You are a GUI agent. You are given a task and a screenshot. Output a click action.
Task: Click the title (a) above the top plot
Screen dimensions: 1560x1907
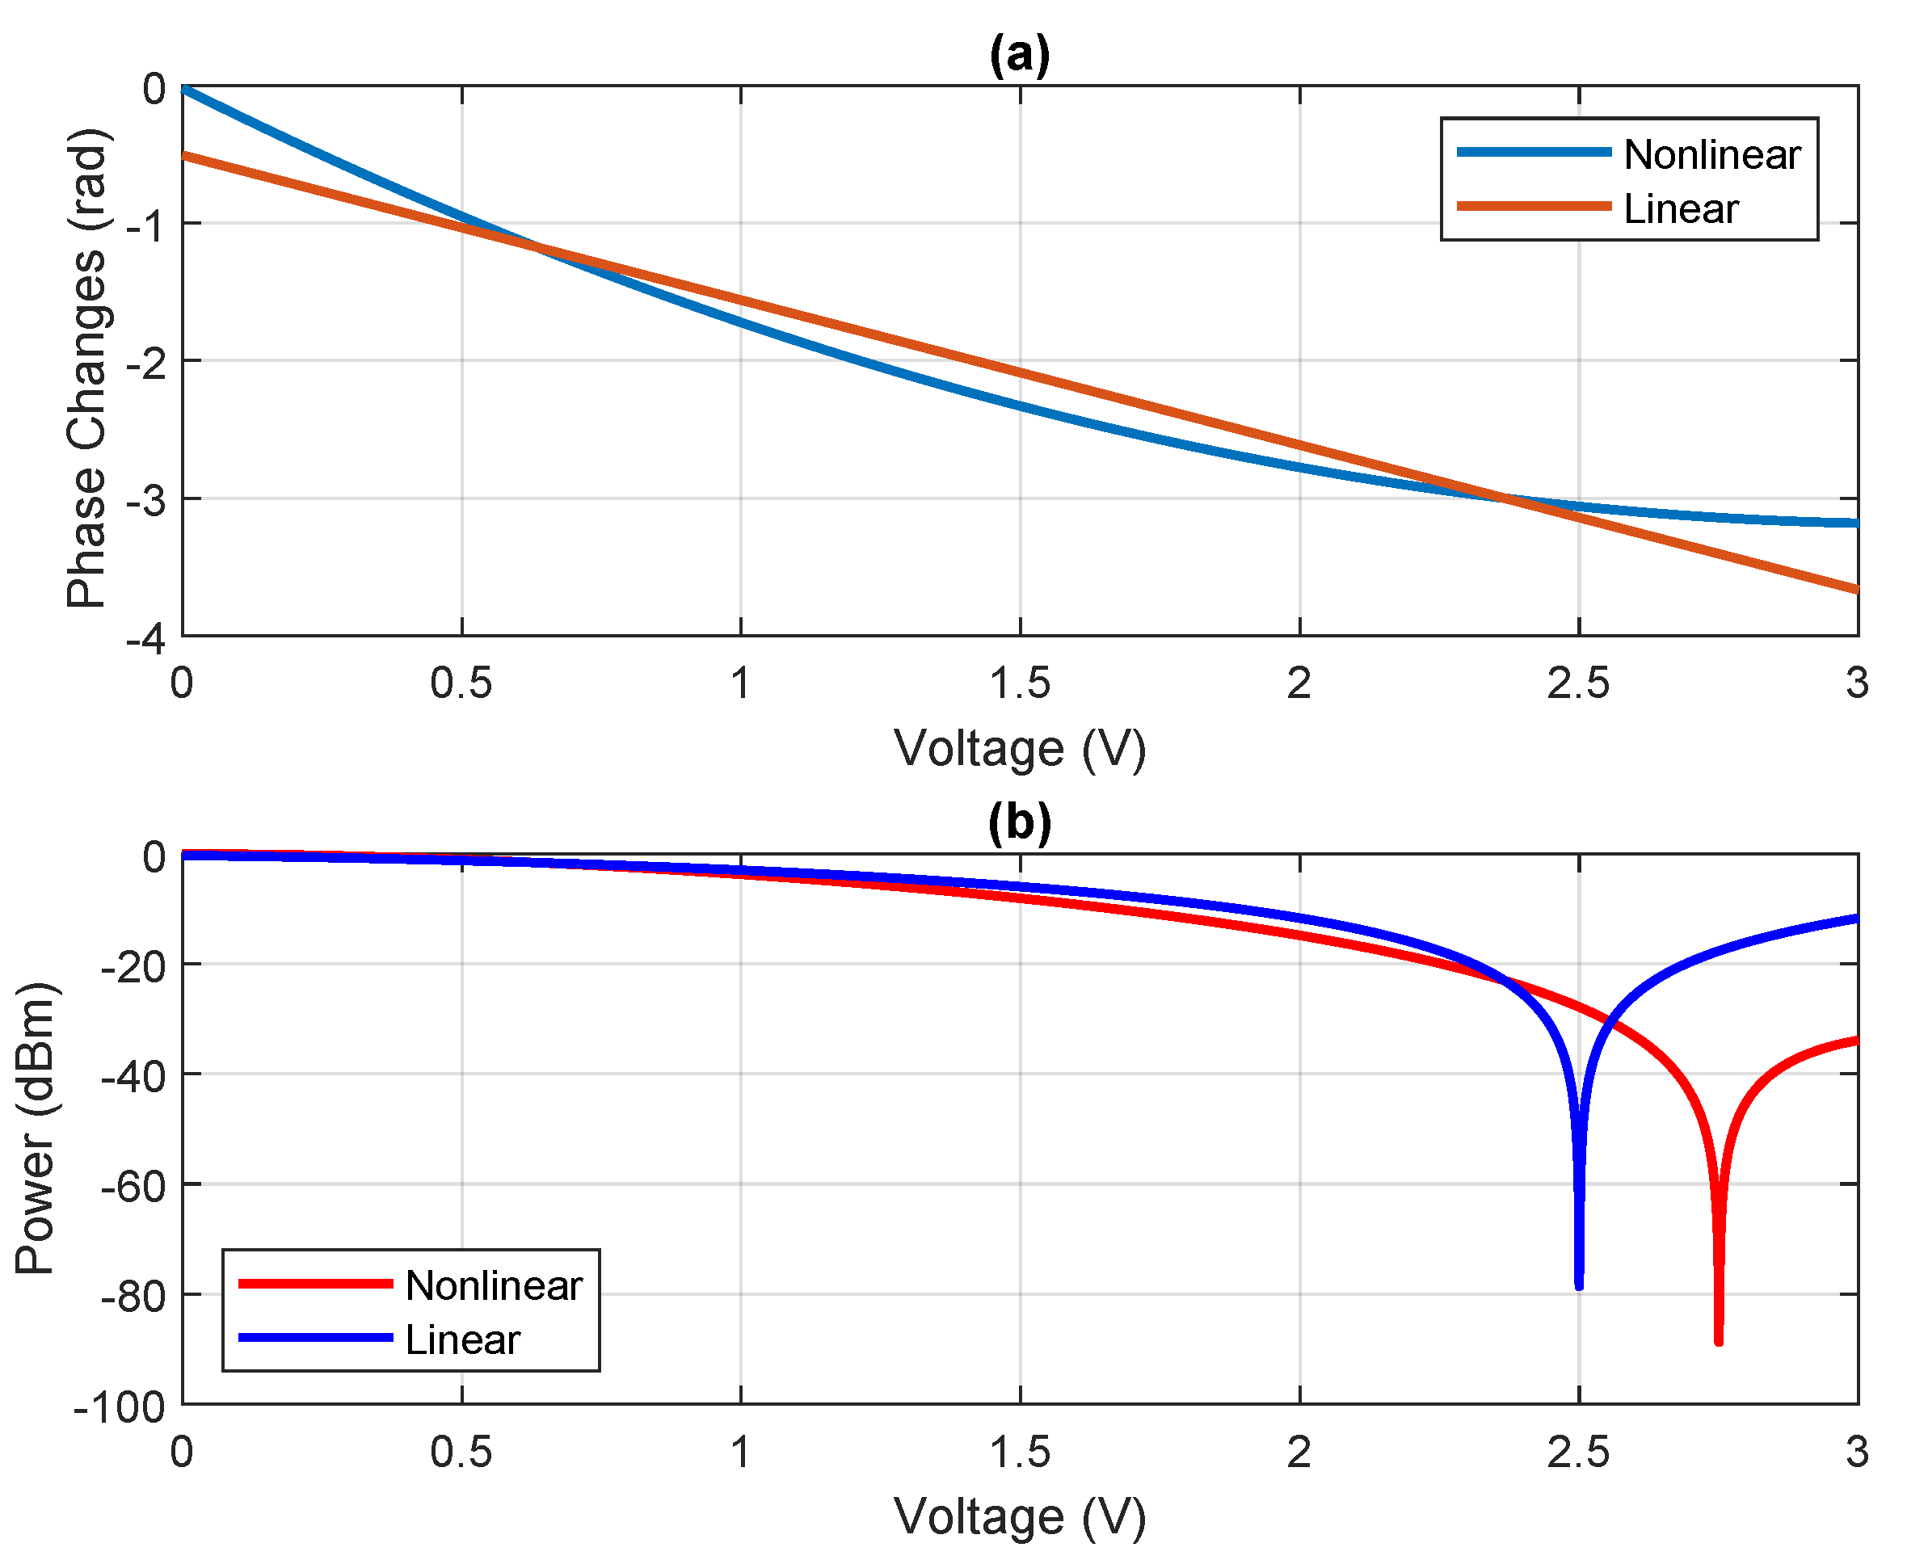pos(1019,56)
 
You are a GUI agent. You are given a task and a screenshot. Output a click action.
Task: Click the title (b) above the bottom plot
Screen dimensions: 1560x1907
pos(1019,823)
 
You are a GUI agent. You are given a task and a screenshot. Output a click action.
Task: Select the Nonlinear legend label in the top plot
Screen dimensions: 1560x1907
pos(1711,154)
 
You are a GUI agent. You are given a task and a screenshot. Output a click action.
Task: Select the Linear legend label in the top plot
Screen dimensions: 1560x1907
pos(1681,208)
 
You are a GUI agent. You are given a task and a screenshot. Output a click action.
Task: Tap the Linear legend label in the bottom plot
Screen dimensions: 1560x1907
pos(462,1339)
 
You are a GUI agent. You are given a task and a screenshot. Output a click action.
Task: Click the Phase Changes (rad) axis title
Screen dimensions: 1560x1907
pos(87,368)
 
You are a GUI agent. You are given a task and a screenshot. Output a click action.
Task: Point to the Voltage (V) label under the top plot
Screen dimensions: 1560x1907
pos(1019,749)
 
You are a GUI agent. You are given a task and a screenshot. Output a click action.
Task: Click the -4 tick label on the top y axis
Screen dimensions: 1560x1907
pos(145,640)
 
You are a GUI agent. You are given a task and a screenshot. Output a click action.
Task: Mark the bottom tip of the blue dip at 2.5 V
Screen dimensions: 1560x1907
pos(1579,1287)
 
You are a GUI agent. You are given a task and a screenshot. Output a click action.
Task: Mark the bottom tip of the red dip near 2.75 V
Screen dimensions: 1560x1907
pos(1718,1343)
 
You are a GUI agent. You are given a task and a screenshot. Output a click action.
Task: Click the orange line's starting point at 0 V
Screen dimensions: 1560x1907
pos(184,155)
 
